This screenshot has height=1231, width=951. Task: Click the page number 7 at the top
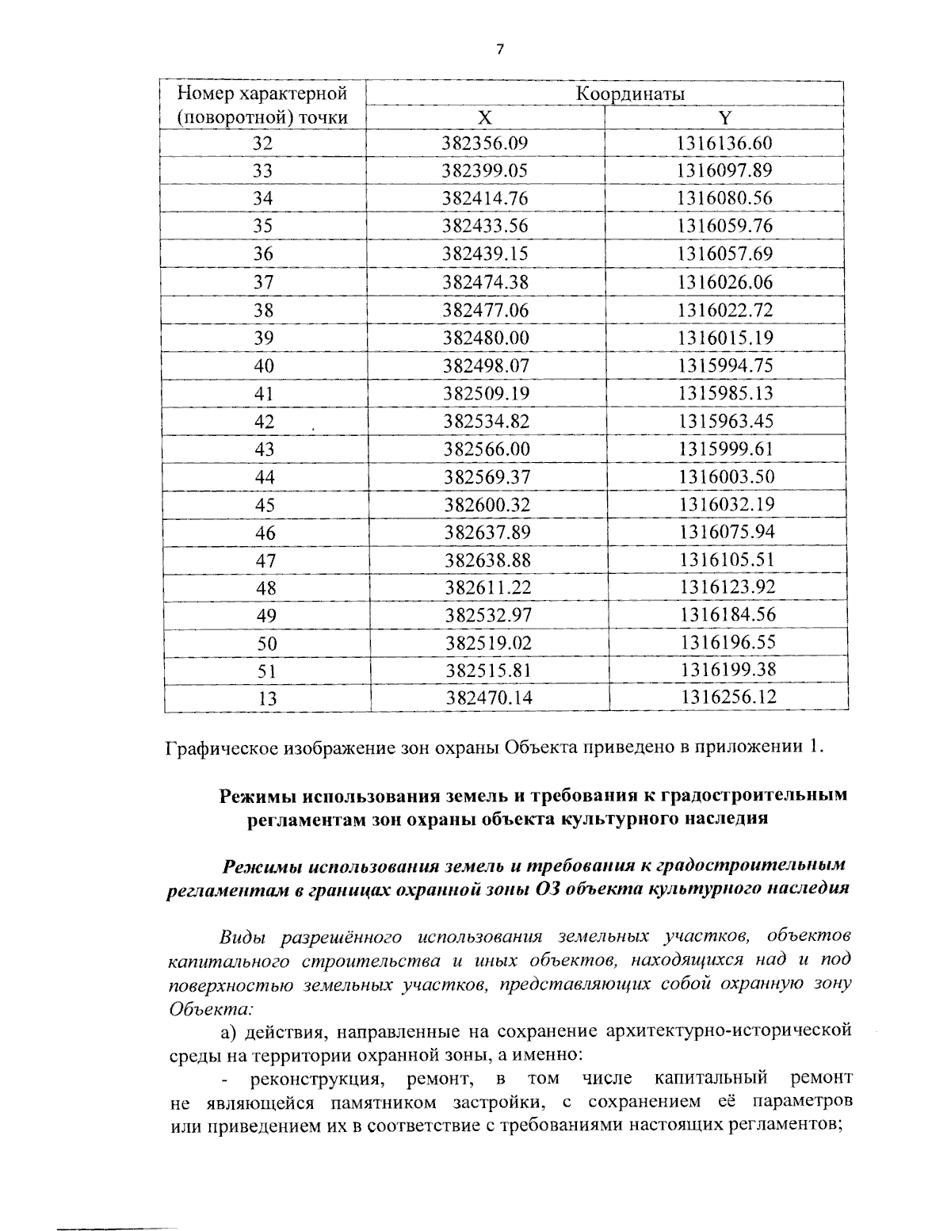(x=499, y=50)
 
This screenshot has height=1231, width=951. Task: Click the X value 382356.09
(x=485, y=143)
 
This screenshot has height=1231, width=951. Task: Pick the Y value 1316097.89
(x=724, y=170)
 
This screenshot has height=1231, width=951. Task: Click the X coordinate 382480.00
(x=485, y=338)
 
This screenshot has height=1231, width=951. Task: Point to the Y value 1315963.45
(x=725, y=422)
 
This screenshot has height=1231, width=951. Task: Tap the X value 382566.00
(x=486, y=449)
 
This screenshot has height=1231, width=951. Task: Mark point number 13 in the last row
(x=267, y=699)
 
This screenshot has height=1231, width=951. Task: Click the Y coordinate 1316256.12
(x=728, y=698)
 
